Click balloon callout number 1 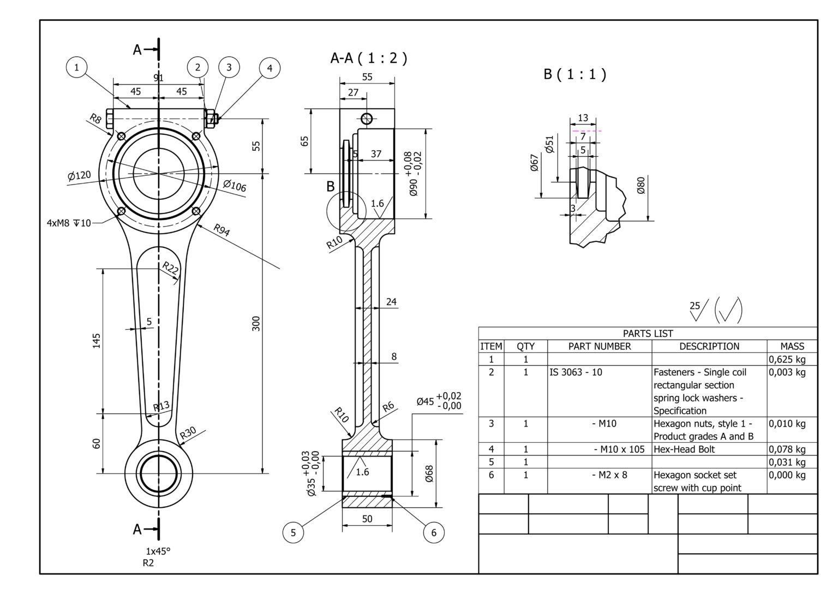[76, 67]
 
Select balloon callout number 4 [269, 68]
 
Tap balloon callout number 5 [293, 532]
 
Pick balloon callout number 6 [434, 532]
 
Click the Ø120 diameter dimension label [79, 176]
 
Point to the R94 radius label [222, 230]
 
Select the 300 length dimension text [256, 323]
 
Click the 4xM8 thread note [69, 223]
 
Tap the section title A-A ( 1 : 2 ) [368, 58]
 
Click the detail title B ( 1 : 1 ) [574, 74]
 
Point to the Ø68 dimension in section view [429, 473]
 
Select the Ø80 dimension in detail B [641, 186]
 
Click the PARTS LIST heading [648, 333]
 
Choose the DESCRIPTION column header [709, 346]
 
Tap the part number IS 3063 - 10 [576, 372]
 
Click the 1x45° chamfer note [158, 551]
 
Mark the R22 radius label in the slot [171, 268]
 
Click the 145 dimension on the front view [97, 341]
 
